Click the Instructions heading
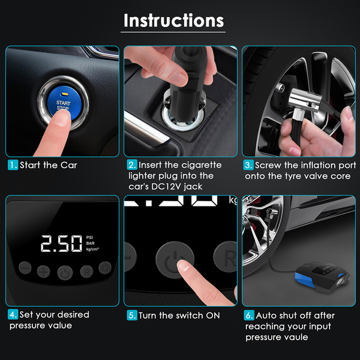tap(173, 20)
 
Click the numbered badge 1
tap(13, 165)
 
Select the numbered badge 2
tap(132, 165)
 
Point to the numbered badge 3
tap(248, 165)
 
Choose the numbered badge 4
tap(13, 314)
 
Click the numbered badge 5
tap(132, 315)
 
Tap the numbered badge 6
tap(249, 315)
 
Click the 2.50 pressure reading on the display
tap(61, 244)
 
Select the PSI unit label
tap(89, 238)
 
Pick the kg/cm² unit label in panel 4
tap(92, 249)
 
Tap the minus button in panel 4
tap(25, 268)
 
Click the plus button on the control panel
tap(43, 272)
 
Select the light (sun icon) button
tap(105, 268)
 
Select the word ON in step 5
tap(213, 316)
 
